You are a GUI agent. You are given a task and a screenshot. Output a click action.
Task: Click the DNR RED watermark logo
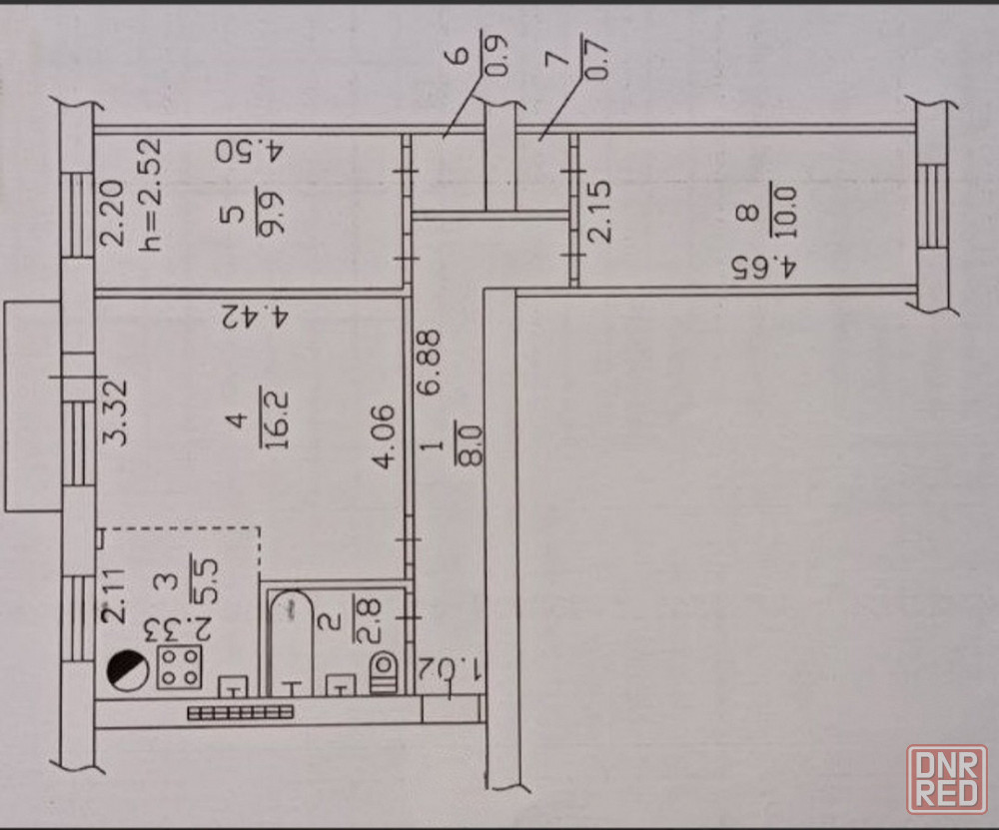947,780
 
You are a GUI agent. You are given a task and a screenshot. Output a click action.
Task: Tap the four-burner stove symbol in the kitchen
180,667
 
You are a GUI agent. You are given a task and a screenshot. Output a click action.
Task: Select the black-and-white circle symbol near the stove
128,671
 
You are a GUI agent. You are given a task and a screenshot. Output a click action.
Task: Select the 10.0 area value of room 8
783,211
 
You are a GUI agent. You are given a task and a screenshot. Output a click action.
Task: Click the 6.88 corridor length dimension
431,364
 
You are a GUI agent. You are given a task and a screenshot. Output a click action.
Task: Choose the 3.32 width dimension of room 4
116,413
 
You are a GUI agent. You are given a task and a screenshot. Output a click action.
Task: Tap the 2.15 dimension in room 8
598,212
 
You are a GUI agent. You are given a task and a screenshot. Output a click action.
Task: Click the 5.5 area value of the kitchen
205,580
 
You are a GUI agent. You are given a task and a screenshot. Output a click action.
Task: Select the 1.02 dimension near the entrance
452,670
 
